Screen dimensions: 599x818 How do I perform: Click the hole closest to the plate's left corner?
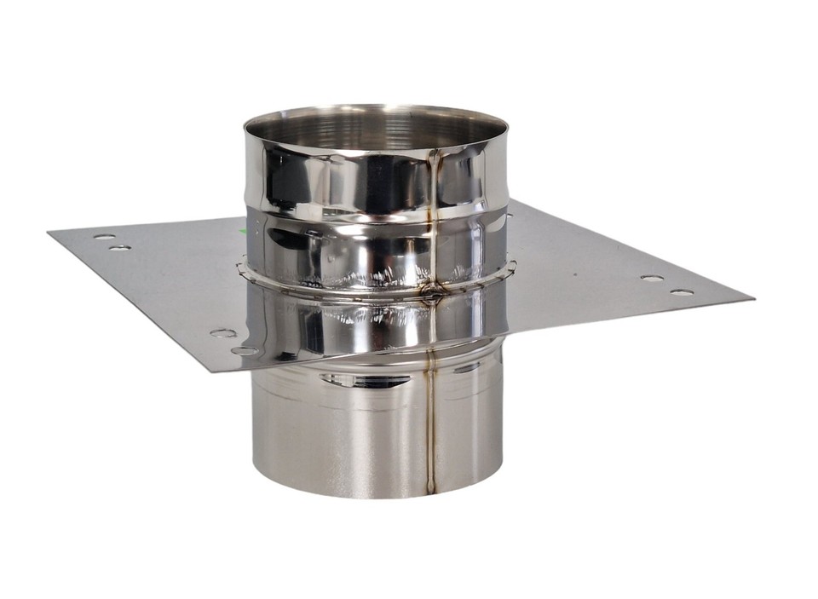tap(104, 237)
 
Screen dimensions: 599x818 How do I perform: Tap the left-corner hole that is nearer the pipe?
tap(120, 247)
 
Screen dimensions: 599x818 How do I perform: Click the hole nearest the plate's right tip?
tap(682, 292)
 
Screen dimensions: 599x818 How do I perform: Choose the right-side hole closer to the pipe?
tap(652, 278)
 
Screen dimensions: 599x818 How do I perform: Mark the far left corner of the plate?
tap(49, 230)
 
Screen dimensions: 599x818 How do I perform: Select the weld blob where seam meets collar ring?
tap(432, 292)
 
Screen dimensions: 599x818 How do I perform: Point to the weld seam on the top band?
tap(435, 179)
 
